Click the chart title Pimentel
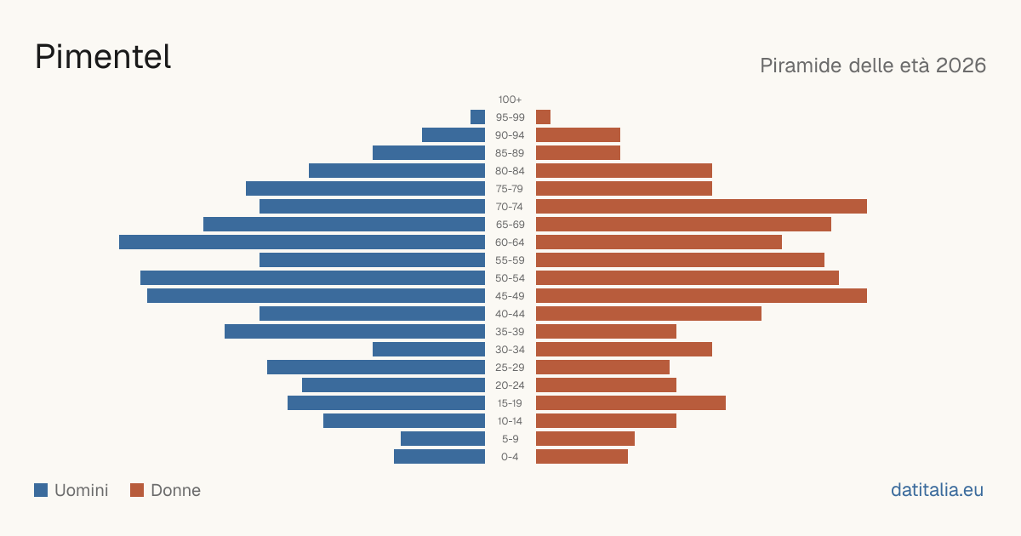click(x=103, y=57)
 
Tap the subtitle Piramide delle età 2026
click(x=873, y=66)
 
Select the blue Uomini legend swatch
click(x=41, y=490)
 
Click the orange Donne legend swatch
click(x=137, y=490)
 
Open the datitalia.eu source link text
click(x=937, y=490)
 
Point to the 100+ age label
click(x=510, y=100)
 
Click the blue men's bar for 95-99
click(x=477, y=117)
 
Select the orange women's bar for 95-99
click(x=544, y=117)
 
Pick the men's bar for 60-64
click(x=302, y=242)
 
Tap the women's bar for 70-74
click(x=701, y=207)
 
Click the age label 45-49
click(x=510, y=296)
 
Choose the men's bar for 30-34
click(x=429, y=349)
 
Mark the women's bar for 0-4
click(x=582, y=457)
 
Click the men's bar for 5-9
click(x=443, y=438)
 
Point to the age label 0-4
click(x=510, y=457)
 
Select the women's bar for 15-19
click(x=630, y=403)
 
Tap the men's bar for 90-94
click(x=453, y=135)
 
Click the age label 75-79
click(x=510, y=189)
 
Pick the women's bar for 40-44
click(x=648, y=314)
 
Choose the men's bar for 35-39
click(x=355, y=331)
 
